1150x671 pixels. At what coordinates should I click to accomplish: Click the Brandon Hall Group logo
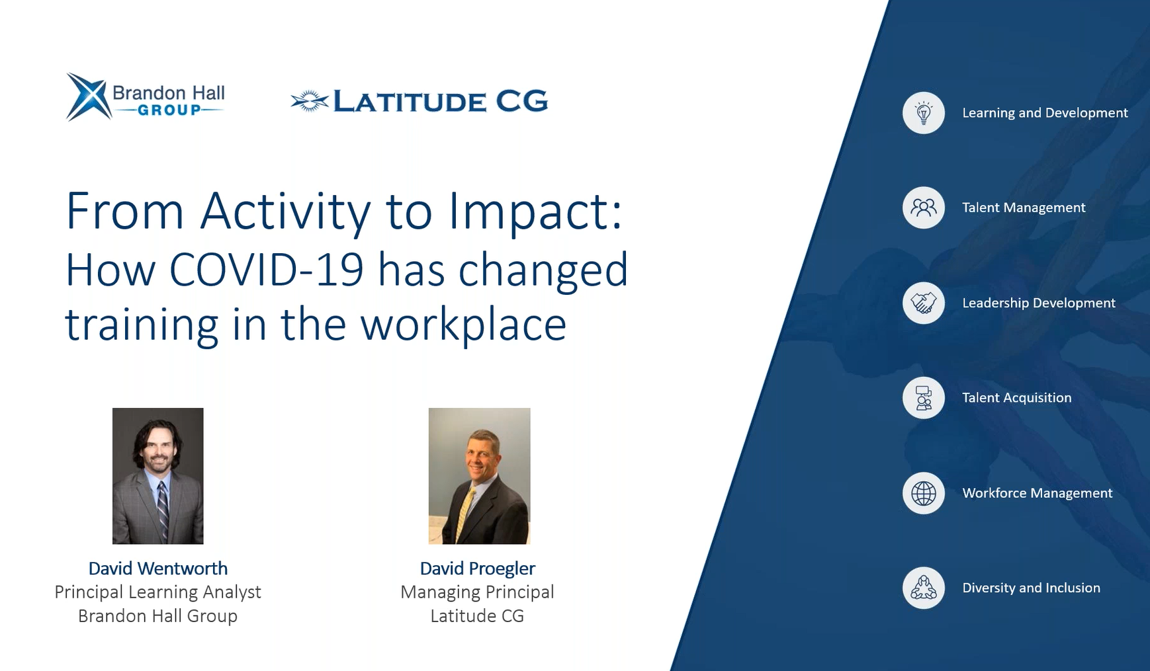[146, 97]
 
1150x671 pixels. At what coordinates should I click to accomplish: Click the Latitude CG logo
[420, 101]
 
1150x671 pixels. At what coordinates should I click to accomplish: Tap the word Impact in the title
[535, 212]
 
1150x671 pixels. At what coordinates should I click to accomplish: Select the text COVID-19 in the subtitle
[267, 270]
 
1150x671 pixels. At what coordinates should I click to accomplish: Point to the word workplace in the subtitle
[463, 325]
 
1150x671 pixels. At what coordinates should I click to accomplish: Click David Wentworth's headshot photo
[158, 476]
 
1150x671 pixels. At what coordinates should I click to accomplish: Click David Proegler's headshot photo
[480, 476]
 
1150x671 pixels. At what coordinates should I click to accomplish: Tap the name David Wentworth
[158, 569]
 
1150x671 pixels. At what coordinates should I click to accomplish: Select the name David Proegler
[478, 569]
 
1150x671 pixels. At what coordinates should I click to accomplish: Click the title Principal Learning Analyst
[158, 592]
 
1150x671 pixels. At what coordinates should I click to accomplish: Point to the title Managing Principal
[478, 592]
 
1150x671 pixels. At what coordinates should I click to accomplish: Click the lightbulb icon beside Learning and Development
[924, 113]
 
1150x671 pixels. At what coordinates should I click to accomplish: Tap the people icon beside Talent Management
[924, 208]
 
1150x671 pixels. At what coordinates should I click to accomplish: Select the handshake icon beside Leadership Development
[924, 303]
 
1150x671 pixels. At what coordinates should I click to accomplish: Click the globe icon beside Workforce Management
[924, 493]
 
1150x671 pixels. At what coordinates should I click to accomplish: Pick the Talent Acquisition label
[1017, 398]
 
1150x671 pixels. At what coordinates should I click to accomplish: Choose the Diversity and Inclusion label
[1032, 588]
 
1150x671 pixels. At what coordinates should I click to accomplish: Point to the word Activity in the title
[285, 212]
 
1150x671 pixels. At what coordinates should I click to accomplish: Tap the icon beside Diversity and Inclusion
[924, 588]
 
